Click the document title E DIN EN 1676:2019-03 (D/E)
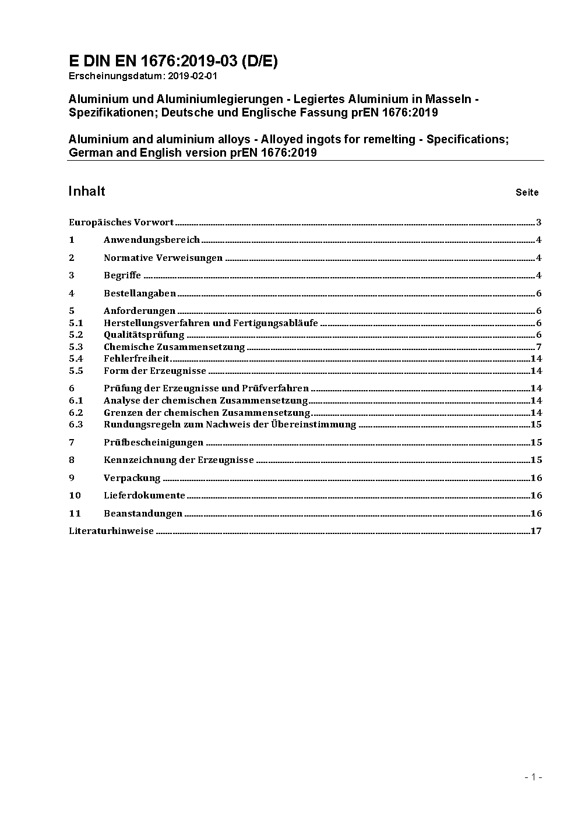click(173, 62)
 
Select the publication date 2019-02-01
click(192, 76)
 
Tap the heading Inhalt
click(87, 191)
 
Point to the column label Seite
click(527, 192)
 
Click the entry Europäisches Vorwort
click(121, 222)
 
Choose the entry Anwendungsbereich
click(151, 240)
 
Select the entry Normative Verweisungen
click(163, 258)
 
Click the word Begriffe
click(122, 275)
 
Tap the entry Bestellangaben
click(140, 293)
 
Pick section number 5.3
click(76, 347)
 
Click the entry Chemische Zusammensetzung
click(174, 347)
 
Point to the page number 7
click(539, 347)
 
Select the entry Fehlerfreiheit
click(136, 359)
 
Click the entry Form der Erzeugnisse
click(155, 371)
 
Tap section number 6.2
click(76, 412)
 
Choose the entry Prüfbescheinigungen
click(153, 443)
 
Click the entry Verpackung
click(132, 478)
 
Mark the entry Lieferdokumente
click(144, 496)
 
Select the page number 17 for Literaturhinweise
click(536, 531)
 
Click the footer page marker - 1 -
click(533, 777)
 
